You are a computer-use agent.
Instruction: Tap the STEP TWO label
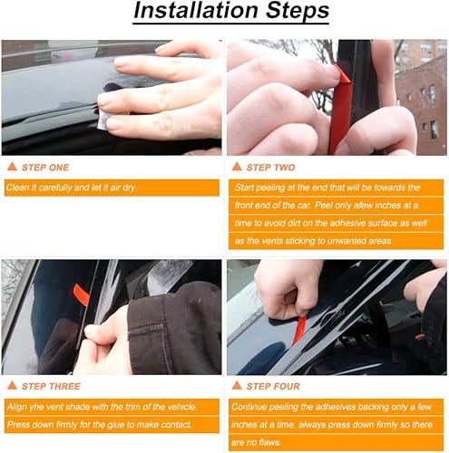click(272, 167)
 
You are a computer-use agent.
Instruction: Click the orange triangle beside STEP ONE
click(12, 167)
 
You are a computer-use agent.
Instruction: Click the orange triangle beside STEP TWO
click(237, 167)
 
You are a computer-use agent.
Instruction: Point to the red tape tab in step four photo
click(300, 328)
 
